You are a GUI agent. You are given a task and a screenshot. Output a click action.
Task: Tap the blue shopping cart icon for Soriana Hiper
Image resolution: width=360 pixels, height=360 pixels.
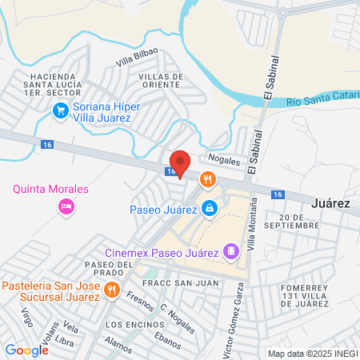[59, 112]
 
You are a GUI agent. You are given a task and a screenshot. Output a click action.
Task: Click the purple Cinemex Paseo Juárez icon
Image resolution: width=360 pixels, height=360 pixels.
[231, 253]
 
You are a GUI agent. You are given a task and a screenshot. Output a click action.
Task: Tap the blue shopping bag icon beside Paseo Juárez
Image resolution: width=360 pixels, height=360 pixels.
[209, 209]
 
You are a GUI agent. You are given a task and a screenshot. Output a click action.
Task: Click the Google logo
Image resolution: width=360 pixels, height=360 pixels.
[26, 350]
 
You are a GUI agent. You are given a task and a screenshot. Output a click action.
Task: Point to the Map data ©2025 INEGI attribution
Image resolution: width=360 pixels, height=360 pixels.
[312, 353]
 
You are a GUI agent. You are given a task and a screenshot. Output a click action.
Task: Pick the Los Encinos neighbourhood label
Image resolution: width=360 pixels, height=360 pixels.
[131, 324]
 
